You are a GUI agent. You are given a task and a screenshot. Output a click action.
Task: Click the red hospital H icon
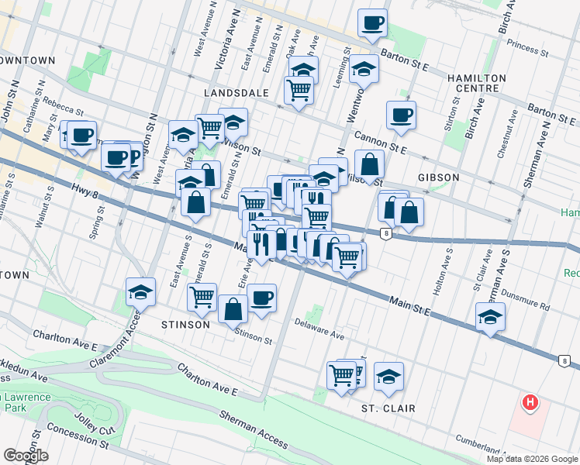click(530, 402)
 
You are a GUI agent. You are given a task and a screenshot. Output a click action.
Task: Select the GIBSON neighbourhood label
click(438, 177)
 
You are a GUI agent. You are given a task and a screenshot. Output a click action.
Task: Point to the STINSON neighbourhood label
click(186, 324)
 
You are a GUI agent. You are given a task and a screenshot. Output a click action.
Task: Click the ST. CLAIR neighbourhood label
click(388, 408)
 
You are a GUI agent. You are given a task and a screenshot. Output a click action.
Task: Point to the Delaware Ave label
click(319, 330)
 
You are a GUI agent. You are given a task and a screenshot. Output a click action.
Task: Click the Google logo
click(26, 456)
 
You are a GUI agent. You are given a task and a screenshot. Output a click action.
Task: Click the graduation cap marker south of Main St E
click(490, 317)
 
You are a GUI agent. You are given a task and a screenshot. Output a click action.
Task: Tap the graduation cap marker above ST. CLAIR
click(388, 377)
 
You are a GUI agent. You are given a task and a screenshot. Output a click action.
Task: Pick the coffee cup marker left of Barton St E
click(372, 22)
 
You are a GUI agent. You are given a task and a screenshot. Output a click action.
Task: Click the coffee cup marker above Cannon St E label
click(401, 115)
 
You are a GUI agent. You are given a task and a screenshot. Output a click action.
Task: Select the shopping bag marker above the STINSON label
click(233, 309)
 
